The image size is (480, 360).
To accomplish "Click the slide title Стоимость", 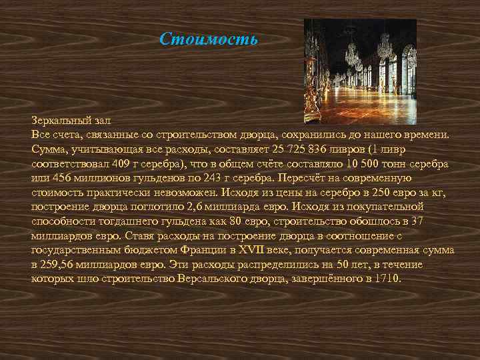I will pos(208,39).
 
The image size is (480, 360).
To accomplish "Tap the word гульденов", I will pos(146,179).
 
